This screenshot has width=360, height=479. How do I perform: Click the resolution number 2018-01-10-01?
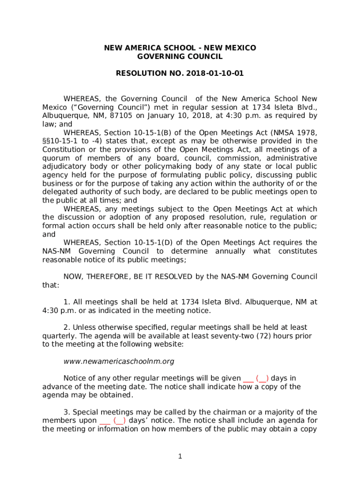coord(215,73)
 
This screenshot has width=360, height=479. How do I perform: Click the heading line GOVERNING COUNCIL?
coord(180,57)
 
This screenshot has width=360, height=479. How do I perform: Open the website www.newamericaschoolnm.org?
coord(119,362)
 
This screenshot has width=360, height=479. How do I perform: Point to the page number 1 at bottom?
coord(180,457)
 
